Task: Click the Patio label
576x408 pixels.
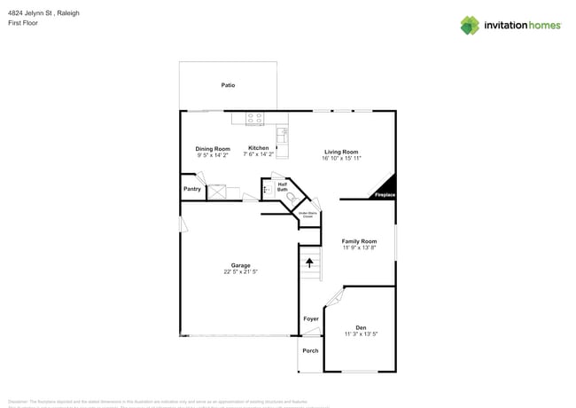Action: (228, 85)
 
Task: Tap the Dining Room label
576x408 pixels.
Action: (213, 148)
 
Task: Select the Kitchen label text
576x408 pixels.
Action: (258, 148)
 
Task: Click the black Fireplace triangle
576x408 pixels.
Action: (386, 187)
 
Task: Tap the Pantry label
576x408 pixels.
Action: (192, 189)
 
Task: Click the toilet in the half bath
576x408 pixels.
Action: (292, 200)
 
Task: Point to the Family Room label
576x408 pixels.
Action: (360, 241)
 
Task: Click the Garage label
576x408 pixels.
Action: (240, 265)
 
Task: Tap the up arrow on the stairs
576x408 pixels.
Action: (309, 262)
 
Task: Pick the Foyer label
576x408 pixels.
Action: (311, 318)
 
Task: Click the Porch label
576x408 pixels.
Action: (310, 350)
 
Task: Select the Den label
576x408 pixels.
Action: (361, 327)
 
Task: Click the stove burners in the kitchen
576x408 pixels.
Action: (255, 117)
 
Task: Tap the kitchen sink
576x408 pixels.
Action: (283, 134)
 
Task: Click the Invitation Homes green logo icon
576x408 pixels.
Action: (470, 25)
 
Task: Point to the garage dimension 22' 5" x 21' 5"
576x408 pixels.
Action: (240, 272)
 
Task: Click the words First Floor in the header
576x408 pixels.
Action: (22, 23)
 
